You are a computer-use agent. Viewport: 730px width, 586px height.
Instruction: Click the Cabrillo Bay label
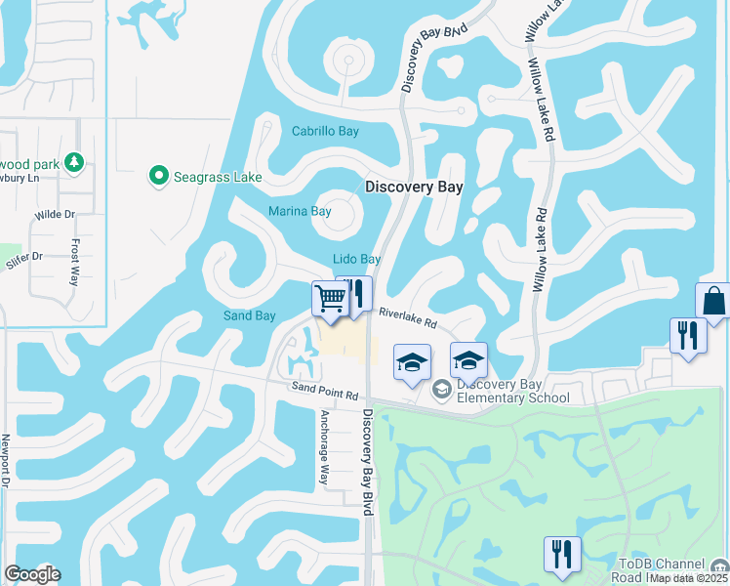(x=325, y=131)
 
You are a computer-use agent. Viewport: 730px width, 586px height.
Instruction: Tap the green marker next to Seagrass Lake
(x=158, y=176)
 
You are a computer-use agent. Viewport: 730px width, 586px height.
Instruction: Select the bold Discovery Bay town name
(x=413, y=187)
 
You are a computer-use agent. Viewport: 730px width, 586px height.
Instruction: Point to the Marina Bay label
(x=300, y=211)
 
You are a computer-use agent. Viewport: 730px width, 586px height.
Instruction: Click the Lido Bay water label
(x=356, y=260)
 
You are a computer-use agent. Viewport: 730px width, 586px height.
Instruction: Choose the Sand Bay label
(x=250, y=316)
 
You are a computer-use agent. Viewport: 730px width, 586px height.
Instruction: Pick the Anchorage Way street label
(x=325, y=446)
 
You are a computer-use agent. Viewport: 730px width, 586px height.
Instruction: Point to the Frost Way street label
(x=74, y=262)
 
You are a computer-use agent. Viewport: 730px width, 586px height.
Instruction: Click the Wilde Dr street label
(x=55, y=214)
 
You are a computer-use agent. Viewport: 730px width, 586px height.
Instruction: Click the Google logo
(x=32, y=574)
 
